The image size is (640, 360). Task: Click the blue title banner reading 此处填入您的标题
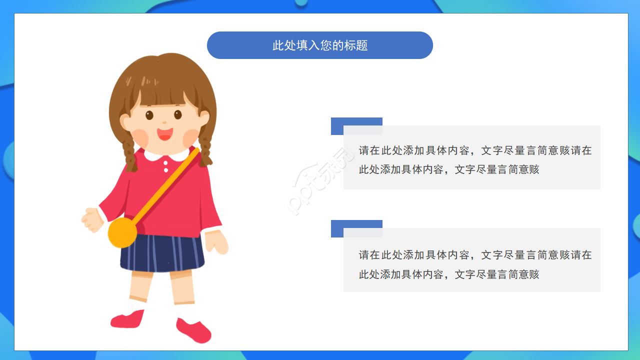pyautogui.click(x=320, y=45)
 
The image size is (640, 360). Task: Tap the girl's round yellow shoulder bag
pyautogui.click(x=122, y=232)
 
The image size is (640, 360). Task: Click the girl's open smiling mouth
pyautogui.click(x=164, y=134)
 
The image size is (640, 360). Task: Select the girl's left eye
pyautogui.click(x=149, y=115)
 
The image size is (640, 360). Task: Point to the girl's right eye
pyautogui.click(x=178, y=114)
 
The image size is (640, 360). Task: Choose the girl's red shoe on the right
pyautogui.click(x=194, y=330)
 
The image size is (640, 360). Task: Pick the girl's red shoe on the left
pyautogui.click(x=127, y=319)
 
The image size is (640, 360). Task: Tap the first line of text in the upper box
pyautogui.click(x=475, y=150)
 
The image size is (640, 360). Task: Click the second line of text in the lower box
pyautogui.click(x=449, y=274)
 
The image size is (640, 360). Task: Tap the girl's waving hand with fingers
pyautogui.click(x=92, y=220)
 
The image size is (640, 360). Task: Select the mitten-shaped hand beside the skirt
pyautogui.click(x=217, y=243)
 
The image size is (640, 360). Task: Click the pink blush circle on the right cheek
pyautogui.click(x=191, y=136)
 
